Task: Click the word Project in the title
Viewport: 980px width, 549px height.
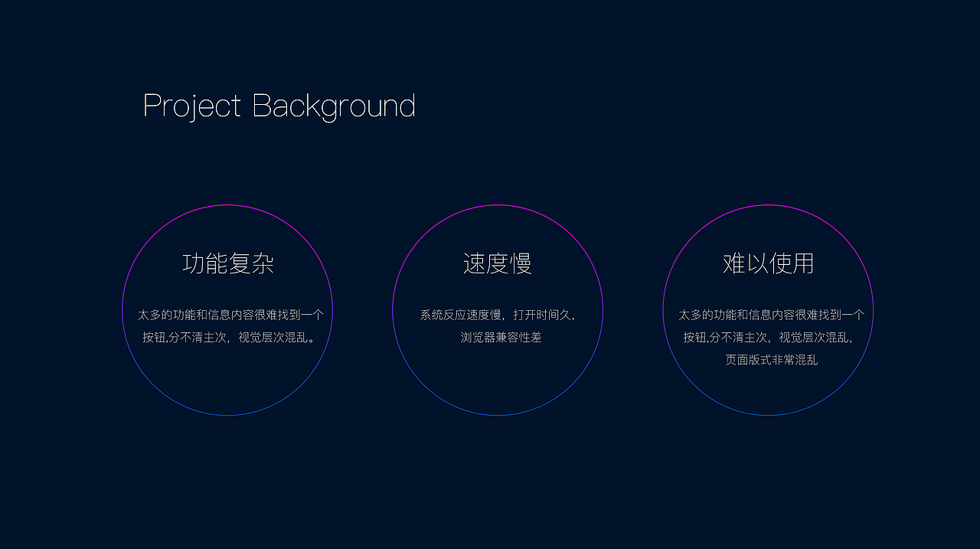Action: (x=192, y=106)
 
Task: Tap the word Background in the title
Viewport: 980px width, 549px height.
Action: (x=334, y=106)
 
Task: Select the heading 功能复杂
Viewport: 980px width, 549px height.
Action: (x=228, y=263)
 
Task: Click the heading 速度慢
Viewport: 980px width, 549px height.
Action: (x=498, y=263)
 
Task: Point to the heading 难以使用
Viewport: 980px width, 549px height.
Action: (x=768, y=263)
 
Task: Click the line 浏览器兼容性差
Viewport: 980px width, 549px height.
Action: (x=501, y=337)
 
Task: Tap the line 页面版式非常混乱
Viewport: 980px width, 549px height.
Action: (x=771, y=360)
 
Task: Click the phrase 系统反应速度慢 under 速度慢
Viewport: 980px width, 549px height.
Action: (x=460, y=315)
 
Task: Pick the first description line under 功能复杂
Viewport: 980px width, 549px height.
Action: (x=230, y=315)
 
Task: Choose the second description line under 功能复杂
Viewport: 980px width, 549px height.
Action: (x=228, y=337)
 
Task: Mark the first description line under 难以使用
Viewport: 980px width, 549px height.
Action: (x=771, y=315)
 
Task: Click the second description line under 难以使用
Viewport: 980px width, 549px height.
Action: (x=768, y=337)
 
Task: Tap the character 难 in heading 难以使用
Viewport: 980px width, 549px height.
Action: (x=733, y=263)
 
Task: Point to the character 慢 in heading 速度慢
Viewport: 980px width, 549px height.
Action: (x=521, y=263)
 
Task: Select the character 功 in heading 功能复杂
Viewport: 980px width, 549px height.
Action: (x=194, y=263)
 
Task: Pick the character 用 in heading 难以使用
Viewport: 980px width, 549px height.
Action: (x=803, y=263)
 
